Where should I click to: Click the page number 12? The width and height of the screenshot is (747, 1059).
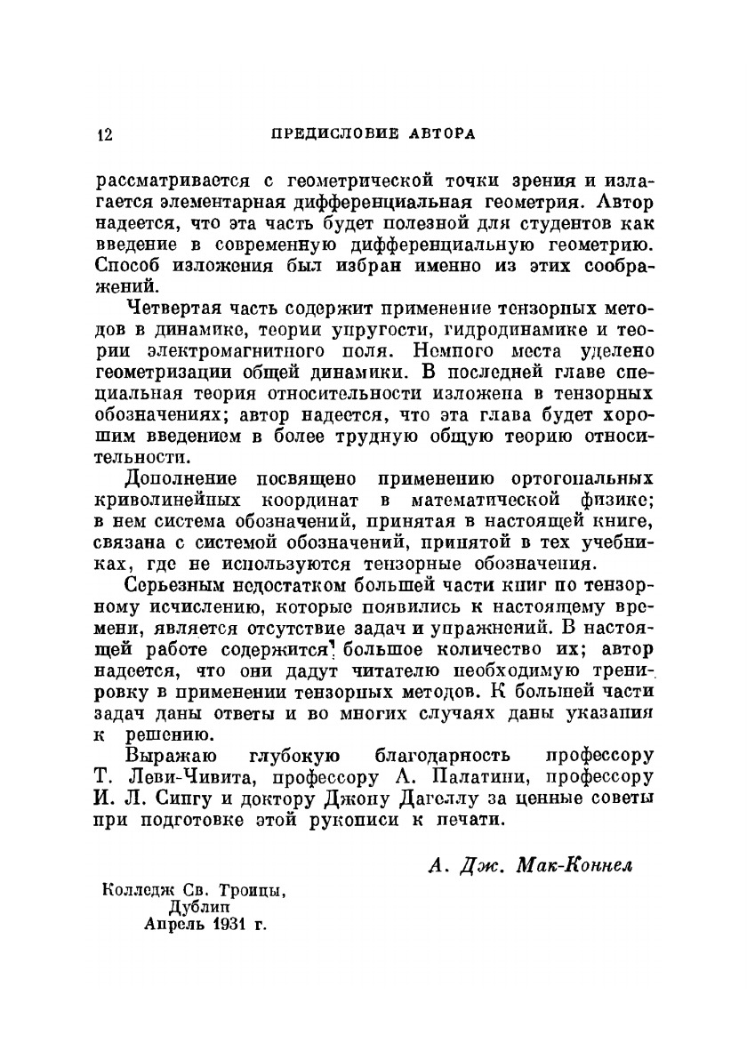click(x=104, y=135)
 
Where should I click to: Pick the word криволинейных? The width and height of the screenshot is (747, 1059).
click(x=168, y=500)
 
